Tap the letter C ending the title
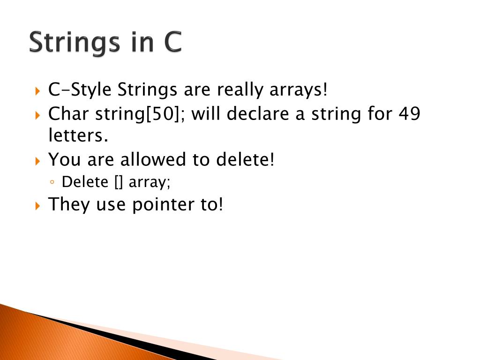tap(172, 42)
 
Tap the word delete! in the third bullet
tap(245, 159)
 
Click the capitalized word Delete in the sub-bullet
tap(85, 181)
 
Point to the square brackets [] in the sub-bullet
tap(119, 181)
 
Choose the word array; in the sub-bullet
tap(150, 182)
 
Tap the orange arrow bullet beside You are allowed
tap(38, 161)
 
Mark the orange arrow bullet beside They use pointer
tap(38, 205)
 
